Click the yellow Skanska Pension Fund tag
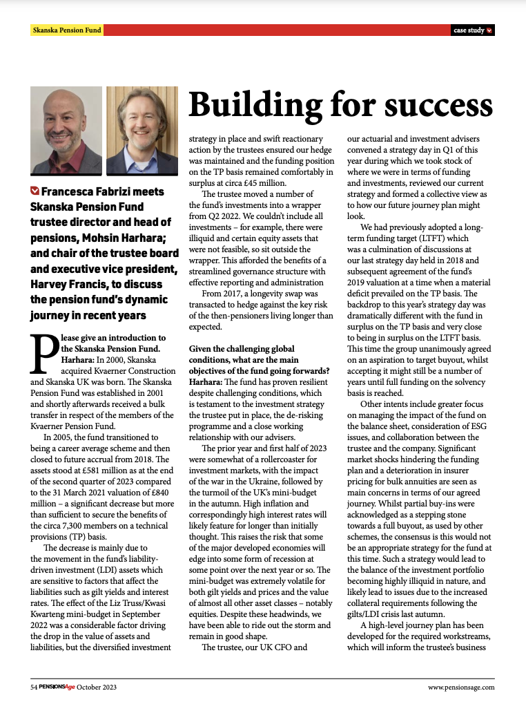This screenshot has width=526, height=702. pos(67,30)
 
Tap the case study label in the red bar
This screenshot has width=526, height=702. pos(469,30)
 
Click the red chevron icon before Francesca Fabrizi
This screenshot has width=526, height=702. pos(35,191)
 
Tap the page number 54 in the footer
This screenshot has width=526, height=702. pos(34,687)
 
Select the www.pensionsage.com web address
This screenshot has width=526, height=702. pos(461,687)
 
